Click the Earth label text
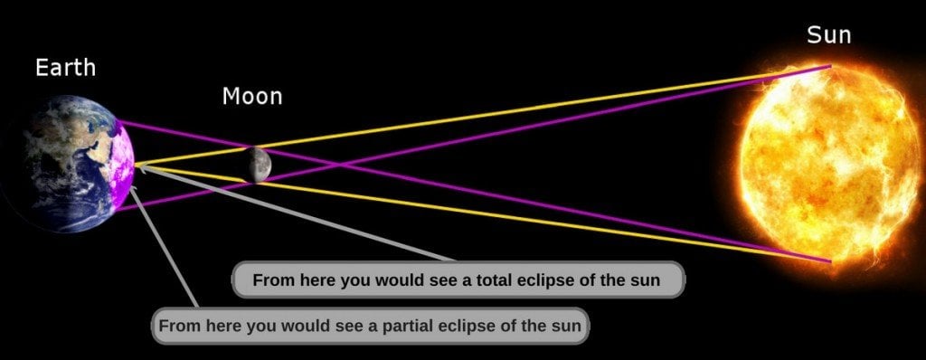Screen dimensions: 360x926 click(65, 68)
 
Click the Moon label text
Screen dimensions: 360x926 click(251, 96)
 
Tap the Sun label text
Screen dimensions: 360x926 click(829, 36)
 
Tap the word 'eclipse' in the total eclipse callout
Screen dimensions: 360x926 click(548, 280)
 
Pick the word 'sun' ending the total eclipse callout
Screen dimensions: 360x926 click(646, 280)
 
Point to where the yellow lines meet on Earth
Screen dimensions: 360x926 click(136, 166)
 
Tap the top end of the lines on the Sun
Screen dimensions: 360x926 click(829, 66)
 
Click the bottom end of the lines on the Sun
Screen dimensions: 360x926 click(829, 262)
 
